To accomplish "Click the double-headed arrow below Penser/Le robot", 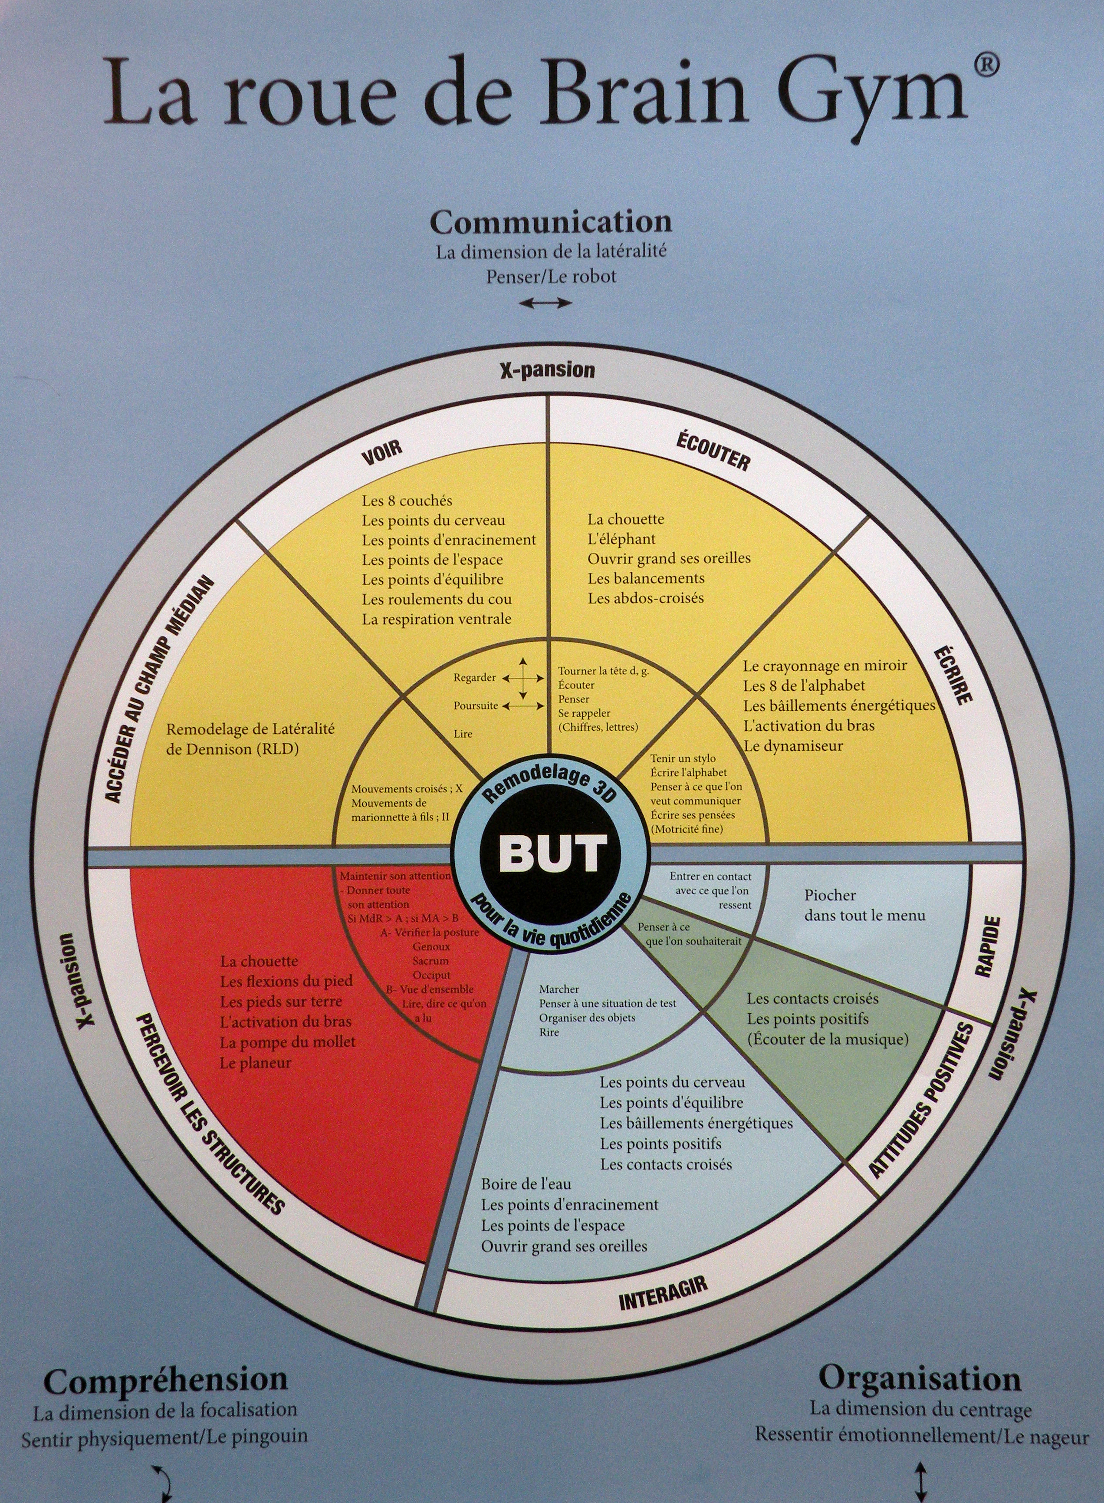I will [x=546, y=303].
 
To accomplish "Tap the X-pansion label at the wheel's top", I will [x=547, y=370].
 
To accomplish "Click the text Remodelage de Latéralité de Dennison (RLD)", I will [x=250, y=739].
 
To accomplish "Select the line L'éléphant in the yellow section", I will [x=621, y=539].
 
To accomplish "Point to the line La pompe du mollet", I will [x=287, y=1042].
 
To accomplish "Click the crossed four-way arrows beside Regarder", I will [x=523, y=678].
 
